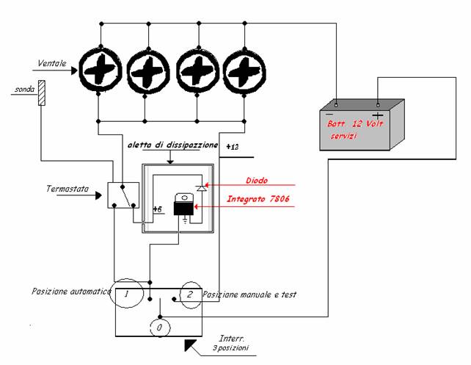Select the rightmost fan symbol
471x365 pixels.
(x=244, y=71)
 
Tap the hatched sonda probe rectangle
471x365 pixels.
(x=42, y=93)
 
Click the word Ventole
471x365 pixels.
(x=52, y=63)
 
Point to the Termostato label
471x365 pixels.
(x=67, y=189)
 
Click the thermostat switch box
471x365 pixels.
(x=123, y=195)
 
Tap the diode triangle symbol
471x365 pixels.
(x=201, y=188)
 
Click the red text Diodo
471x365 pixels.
(x=257, y=181)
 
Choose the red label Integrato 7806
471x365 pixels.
(x=258, y=199)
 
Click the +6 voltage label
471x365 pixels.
(x=158, y=209)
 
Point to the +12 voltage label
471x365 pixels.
(x=233, y=147)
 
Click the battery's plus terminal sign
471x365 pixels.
(x=378, y=115)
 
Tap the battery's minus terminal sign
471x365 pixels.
(x=329, y=114)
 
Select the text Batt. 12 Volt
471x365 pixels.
(x=355, y=123)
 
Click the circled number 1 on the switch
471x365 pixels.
(x=127, y=294)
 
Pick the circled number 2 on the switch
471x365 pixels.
(x=190, y=294)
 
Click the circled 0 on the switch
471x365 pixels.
(x=159, y=328)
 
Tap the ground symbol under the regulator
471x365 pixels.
(x=185, y=220)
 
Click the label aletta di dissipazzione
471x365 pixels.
(x=172, y=145)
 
